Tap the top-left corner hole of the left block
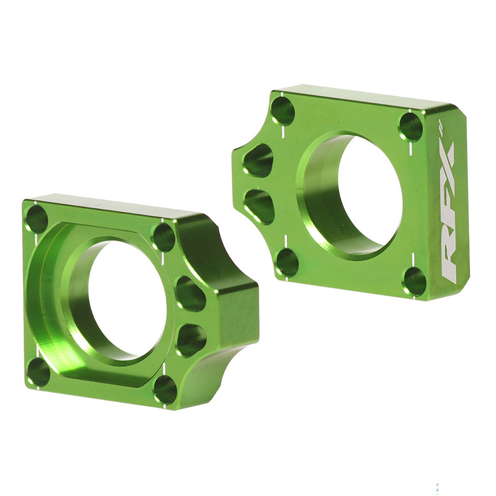[37, 219]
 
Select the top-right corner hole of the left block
[164, 236]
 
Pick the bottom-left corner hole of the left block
[38, 371]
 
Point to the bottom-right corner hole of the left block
[166, 389]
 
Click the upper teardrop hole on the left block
[190, 293]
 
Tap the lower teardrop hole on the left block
[191, 339]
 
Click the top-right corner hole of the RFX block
[411, 126]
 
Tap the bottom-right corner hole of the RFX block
[415, 281]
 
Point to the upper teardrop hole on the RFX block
[259, 161]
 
